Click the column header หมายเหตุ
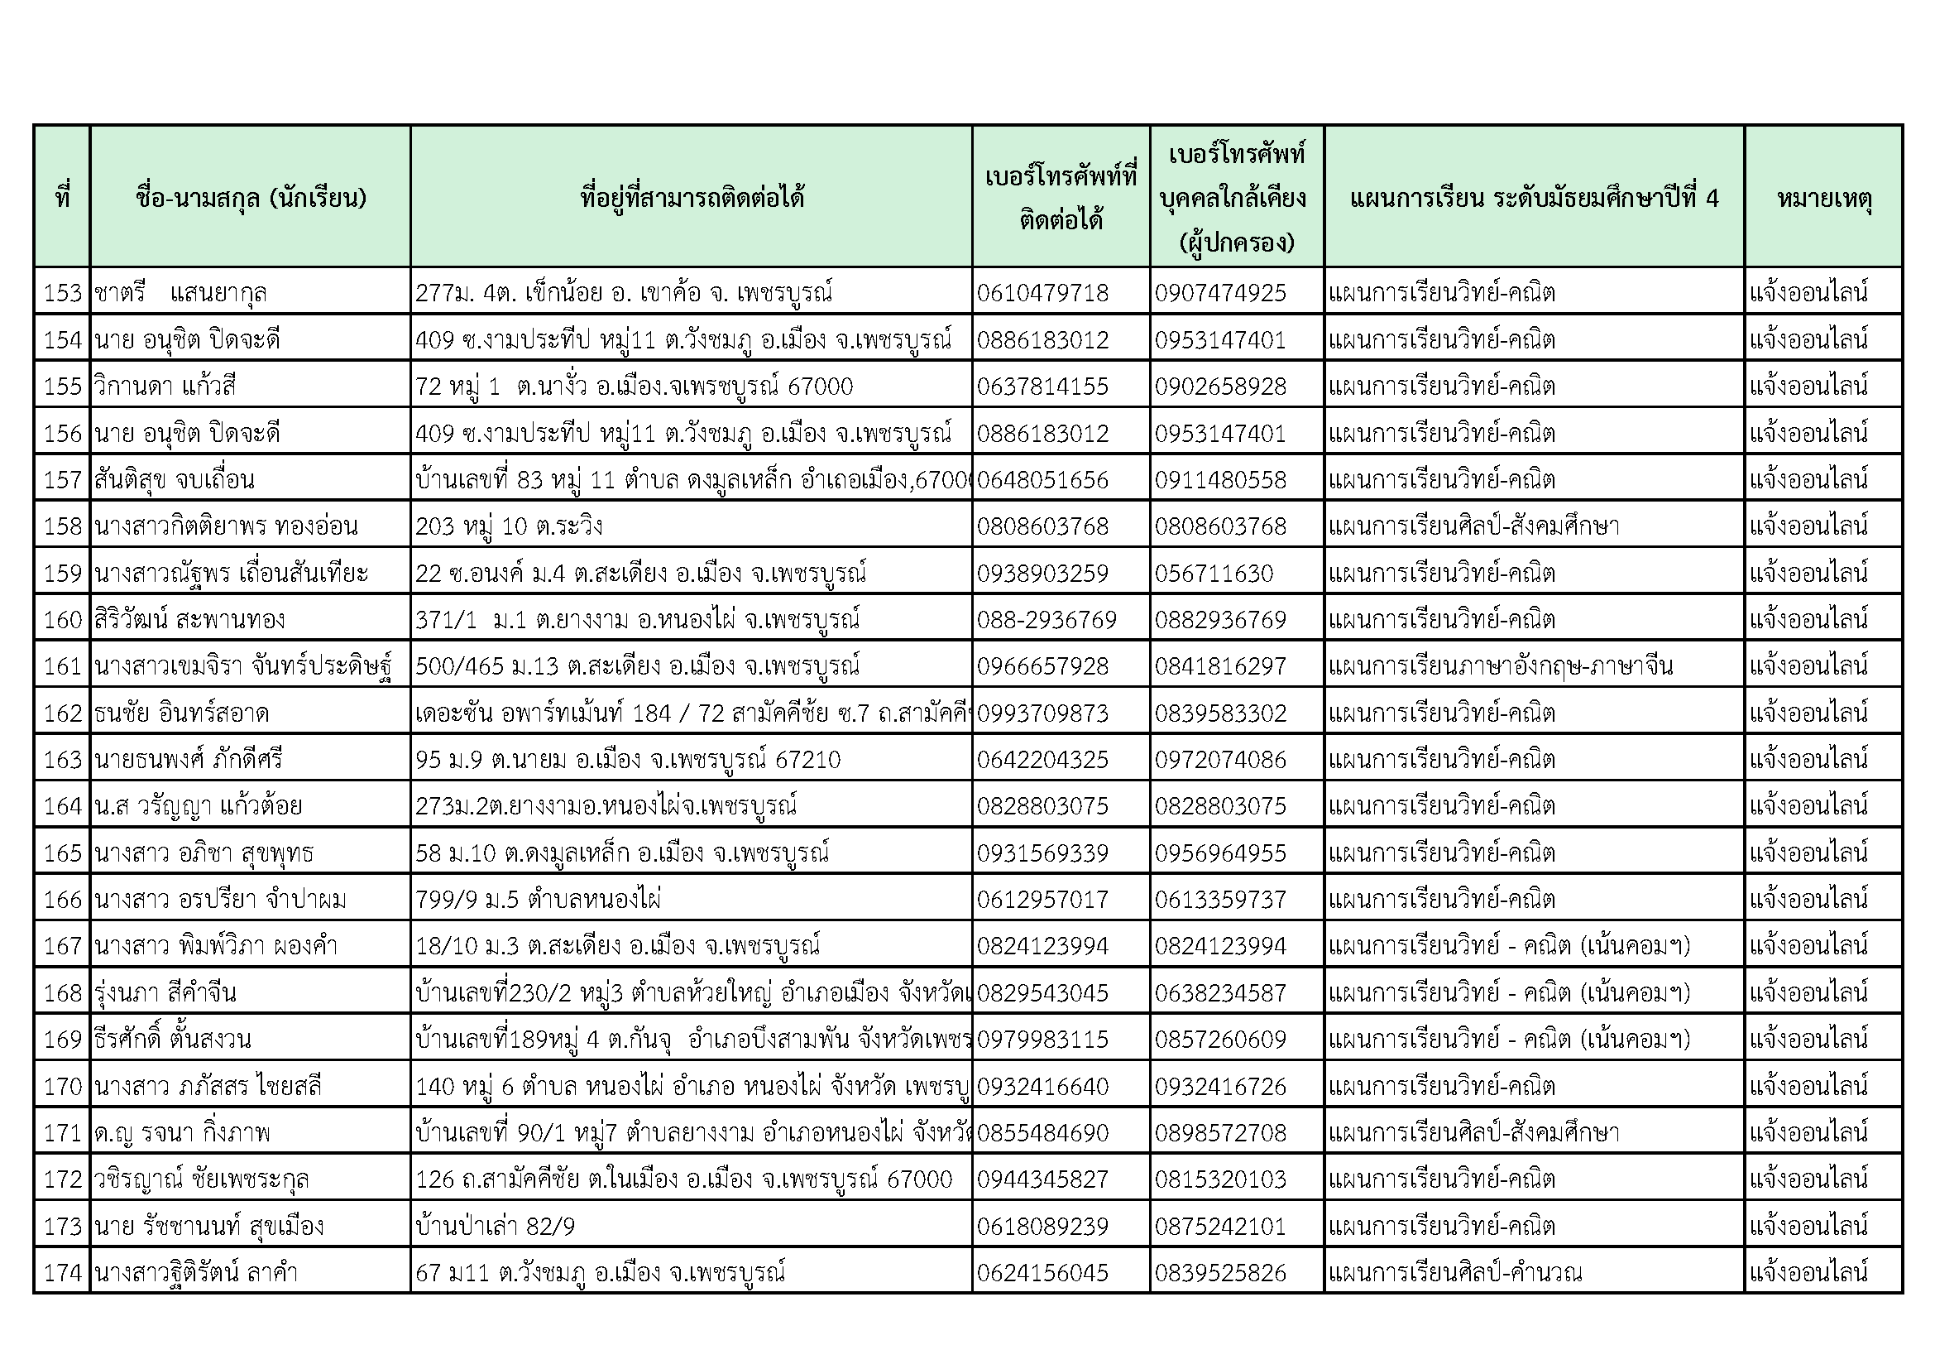tap(1824, 198)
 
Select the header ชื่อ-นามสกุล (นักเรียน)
tap(251, 198)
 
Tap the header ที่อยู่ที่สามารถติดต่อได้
tap(692, 198)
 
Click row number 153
tap(62, 292)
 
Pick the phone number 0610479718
tap(1042, 292)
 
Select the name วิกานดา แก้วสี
tap(165, 386)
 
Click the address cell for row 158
tap(509, 526)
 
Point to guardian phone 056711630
tap(1214, 574)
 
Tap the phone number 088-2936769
tap(1046, 620)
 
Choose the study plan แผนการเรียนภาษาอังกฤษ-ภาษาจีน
tap(1500, 666)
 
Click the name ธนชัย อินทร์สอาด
tap(181, 713)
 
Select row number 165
tap(62, 853)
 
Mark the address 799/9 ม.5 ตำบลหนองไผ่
tap(538, 900)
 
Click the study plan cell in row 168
tap(1509, 992)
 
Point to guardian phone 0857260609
tap(1220, 1039)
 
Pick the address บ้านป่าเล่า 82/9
tap(495, 1226)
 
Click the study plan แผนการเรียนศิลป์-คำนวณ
tap(1454, 1272)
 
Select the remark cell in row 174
tap(1808, 1272)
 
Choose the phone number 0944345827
tap(1042, 1179)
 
